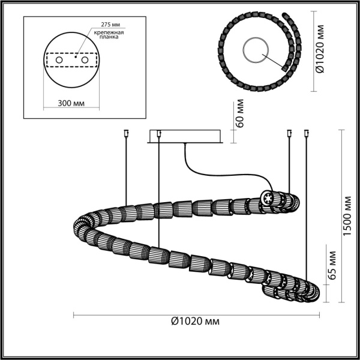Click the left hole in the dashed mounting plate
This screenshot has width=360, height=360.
59,60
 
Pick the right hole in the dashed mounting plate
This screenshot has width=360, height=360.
84,60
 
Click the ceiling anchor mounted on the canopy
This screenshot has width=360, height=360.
158,133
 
